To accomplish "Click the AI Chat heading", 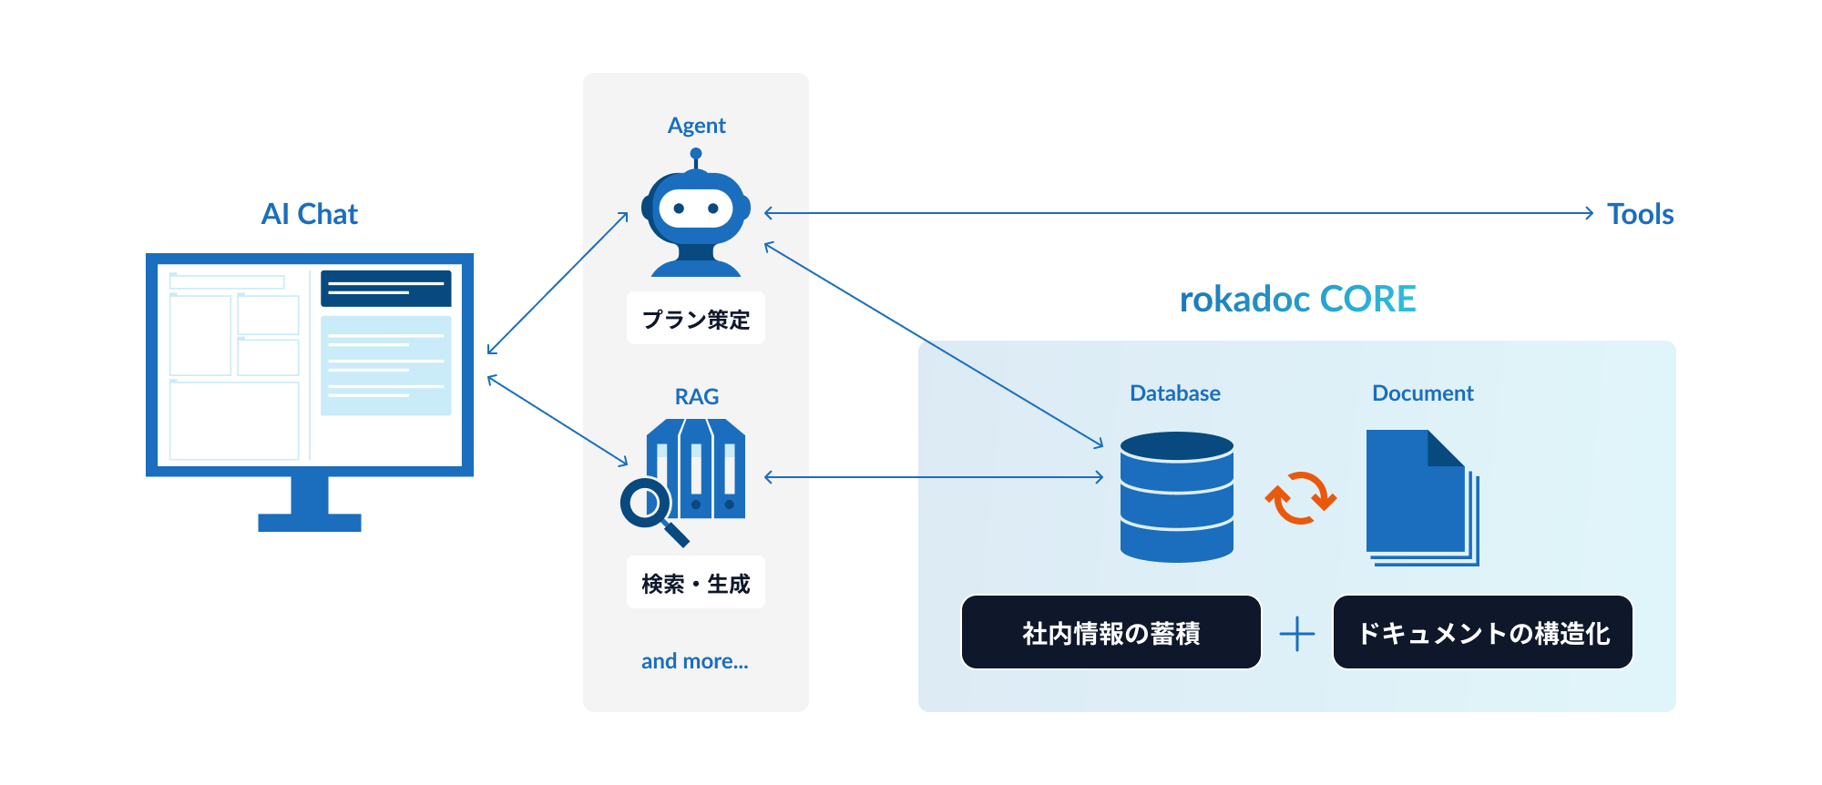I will tap(310, 214).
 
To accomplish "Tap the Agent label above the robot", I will tap(696, 126).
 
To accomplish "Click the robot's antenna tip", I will tap(696, 153).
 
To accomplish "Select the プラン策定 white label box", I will tap(696, 319).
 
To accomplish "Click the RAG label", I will tap(696, 397).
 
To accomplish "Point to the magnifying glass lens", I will tap(645, 502).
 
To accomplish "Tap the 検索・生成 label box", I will tap(696, 583).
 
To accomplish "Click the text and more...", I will tap(694, 661).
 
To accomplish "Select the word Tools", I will tap(1640, 214).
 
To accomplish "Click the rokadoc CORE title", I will tap(1297, 300).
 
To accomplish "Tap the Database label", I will tap(1175, 393).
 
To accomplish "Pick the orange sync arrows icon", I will tap(1300, 497).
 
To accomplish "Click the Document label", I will tap(1422, 393).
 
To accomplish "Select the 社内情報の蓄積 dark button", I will tap(1111, 633).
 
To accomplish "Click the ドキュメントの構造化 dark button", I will tap(1482, 633).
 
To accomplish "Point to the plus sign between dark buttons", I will tap(1297, 634).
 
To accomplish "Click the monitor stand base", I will tap(310, 523).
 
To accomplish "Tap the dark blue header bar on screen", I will tap(385, 288).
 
